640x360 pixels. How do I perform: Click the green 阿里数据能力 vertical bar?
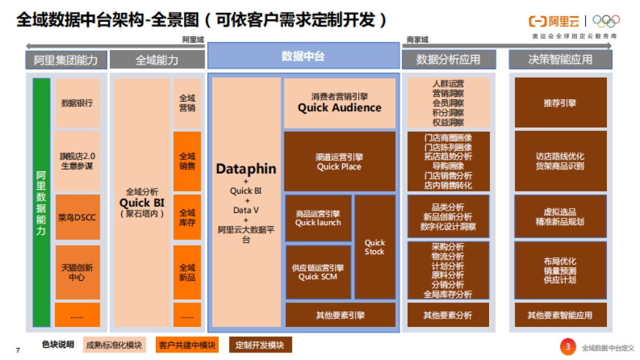41,203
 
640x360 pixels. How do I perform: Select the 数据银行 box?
77,103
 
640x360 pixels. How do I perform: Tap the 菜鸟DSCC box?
77,218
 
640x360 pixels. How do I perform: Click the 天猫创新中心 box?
77,272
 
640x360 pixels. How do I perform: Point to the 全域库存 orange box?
187,218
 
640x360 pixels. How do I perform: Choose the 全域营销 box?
187,103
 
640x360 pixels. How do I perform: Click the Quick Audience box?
339,103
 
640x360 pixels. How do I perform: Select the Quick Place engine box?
339,162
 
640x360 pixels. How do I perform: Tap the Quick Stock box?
374,247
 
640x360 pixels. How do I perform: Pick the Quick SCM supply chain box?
318,272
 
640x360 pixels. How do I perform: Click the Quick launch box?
318,218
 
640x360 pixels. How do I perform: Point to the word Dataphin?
246,169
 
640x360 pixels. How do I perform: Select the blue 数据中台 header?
303,56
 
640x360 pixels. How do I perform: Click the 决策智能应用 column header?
560,60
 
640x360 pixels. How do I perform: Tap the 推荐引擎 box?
560,103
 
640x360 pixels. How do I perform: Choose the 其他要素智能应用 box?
560,315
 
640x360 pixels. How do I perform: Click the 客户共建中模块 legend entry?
187,345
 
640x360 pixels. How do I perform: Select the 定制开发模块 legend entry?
260,345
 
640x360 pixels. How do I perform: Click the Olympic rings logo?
606,21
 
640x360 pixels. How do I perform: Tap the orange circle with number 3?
567,347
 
